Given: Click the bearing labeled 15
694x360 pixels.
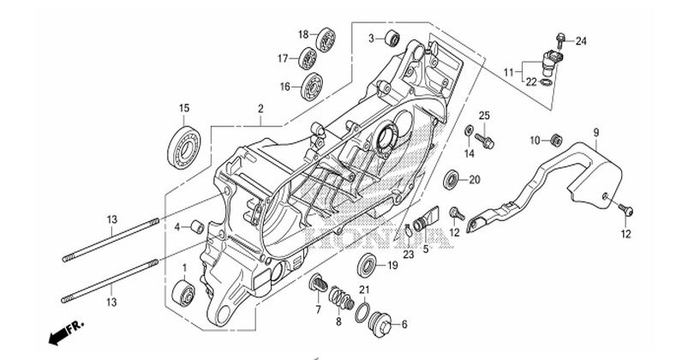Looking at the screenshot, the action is tap(183, 147).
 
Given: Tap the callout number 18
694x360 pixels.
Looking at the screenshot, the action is tap(302, 34).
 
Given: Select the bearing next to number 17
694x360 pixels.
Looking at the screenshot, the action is tap(307, 58).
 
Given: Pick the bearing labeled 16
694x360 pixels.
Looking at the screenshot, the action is tap(310, 87).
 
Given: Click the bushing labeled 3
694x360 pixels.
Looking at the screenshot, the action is tap(392, 39).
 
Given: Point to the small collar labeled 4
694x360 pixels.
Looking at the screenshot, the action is tap(197, 227).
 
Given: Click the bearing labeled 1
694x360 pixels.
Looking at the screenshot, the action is tap(183, 292).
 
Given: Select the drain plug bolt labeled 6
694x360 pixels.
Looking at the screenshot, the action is tap(380, 325).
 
